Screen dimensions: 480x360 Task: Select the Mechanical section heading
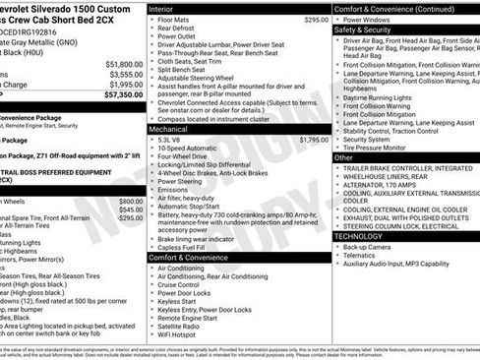pyautogui.click(x=169, y=129)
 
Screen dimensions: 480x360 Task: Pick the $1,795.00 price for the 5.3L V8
pyautogui.click(x=313, y=140)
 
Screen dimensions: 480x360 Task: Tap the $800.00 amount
pyautogui.click(x=131, y=200)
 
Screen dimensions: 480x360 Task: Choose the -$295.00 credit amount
pyautogui.click(x=130, y=217)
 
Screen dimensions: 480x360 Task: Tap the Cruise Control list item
pyautogui.click(x=184, y=284)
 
